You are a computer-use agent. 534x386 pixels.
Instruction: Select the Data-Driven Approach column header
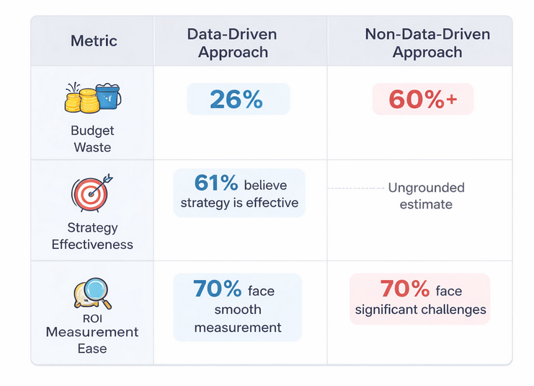point(232,43)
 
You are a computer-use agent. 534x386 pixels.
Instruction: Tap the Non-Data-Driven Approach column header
point(427,43)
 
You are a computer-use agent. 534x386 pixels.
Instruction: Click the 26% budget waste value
point(236,100)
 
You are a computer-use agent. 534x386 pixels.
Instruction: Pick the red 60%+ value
point(423,100)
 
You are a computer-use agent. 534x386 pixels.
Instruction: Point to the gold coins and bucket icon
point(92,97)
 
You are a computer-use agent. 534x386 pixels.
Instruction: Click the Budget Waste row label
point(92,139)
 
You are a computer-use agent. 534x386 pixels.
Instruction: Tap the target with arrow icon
point(92,191)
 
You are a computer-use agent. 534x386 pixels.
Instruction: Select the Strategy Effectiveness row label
point(92,236)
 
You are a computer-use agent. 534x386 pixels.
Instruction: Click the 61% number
point(216,183)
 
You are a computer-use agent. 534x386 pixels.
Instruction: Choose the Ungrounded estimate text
point(427,196)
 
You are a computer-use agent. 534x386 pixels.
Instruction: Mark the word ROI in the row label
point(92,317)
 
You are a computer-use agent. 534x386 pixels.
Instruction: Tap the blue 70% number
point(217,289)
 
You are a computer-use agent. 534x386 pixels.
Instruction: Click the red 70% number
point(405,289)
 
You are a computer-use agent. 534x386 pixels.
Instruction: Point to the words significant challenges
point(420,311)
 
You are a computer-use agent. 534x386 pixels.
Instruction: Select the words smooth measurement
point(238,318)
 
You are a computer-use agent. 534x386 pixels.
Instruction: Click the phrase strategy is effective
point(239,203)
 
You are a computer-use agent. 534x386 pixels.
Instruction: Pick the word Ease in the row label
point(92,348)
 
